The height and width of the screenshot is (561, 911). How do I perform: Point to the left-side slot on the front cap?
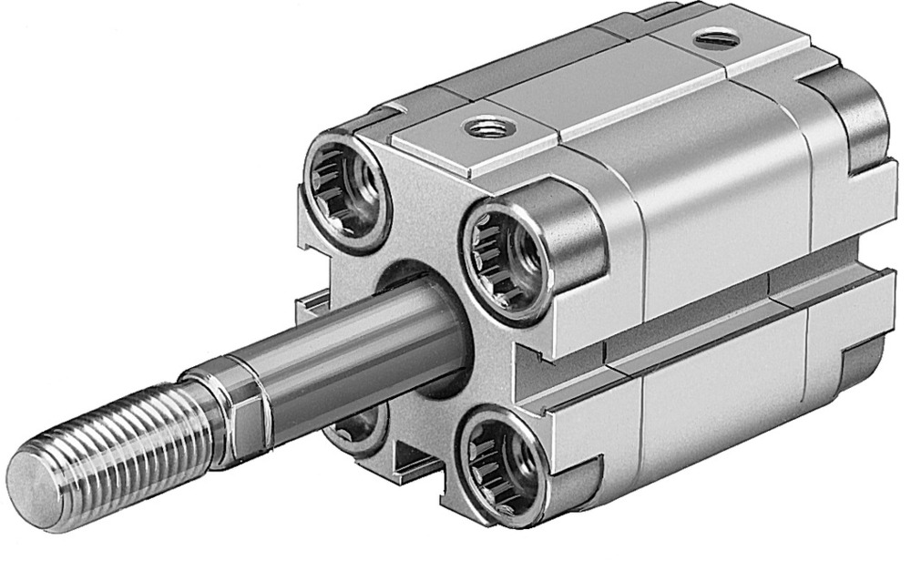click(x=310, y=305)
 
